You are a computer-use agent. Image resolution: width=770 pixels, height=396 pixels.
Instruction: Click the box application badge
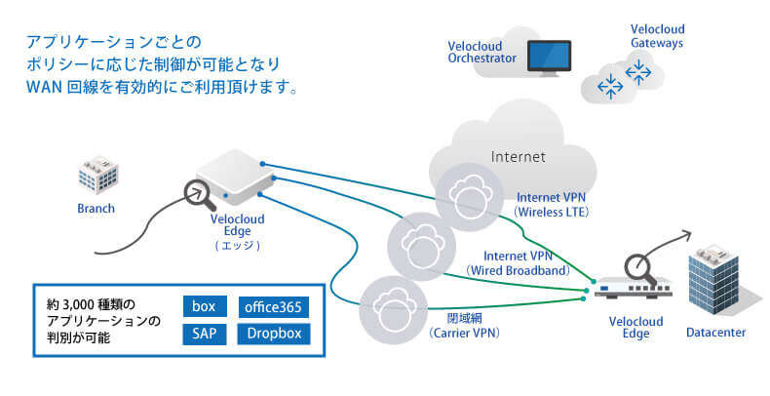(203, 306)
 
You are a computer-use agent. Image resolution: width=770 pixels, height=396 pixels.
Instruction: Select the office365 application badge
(276, 306)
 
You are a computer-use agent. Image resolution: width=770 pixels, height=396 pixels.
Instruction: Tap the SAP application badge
(203, 334)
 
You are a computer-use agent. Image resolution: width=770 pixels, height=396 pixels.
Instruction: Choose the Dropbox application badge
(276, 334)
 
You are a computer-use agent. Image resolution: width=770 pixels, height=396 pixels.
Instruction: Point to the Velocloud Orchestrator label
(481, 52)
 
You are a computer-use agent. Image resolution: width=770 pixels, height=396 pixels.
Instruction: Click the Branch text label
(96, 208)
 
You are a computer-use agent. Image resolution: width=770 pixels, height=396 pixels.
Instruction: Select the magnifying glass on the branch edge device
(204, 193)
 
